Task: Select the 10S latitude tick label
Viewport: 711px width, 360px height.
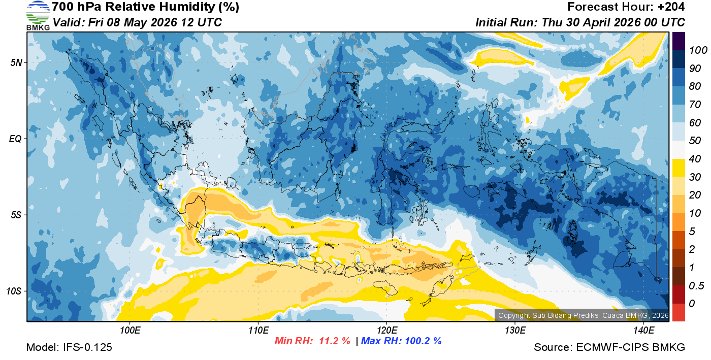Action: pyautogui.click(x=14, y=291)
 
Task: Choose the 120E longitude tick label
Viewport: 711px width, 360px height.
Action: pyautogui.click(x=386, y=331)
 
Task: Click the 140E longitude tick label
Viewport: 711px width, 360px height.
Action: pyautogui.click(x=643, y=331)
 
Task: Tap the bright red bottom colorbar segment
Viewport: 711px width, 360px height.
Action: pyautogui.click(x=678, y=312)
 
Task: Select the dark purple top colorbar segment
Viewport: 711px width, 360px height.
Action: pyautogui.click(x=678, y=41)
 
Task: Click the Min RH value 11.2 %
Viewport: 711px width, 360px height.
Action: pyautogui.click(x=334, y=341)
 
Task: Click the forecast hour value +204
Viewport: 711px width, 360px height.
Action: pyautogui.click(x=671, y=7)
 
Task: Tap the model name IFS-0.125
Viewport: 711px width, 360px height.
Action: pyautogui.click(x=87, y=347)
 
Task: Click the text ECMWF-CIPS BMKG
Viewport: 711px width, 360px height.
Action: pyautogui.click(x=631, y=347)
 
